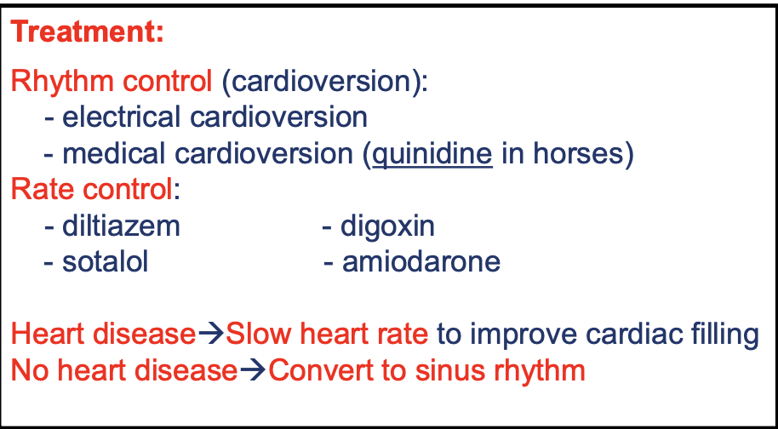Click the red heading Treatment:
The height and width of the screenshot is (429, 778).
[87, 32]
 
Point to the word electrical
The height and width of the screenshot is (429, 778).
[121, 117]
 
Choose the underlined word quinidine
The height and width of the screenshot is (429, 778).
[432, 155]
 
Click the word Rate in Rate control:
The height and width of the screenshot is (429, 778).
[39, 191]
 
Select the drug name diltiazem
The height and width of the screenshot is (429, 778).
[121, 226]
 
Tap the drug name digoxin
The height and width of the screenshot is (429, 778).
[387, 227]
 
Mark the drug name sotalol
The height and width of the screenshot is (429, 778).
[106, 262]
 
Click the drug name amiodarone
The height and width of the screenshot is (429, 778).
[421, 262]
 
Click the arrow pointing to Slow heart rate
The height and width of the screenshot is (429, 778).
[211, 335]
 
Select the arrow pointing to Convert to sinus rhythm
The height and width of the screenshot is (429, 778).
[253, 371]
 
